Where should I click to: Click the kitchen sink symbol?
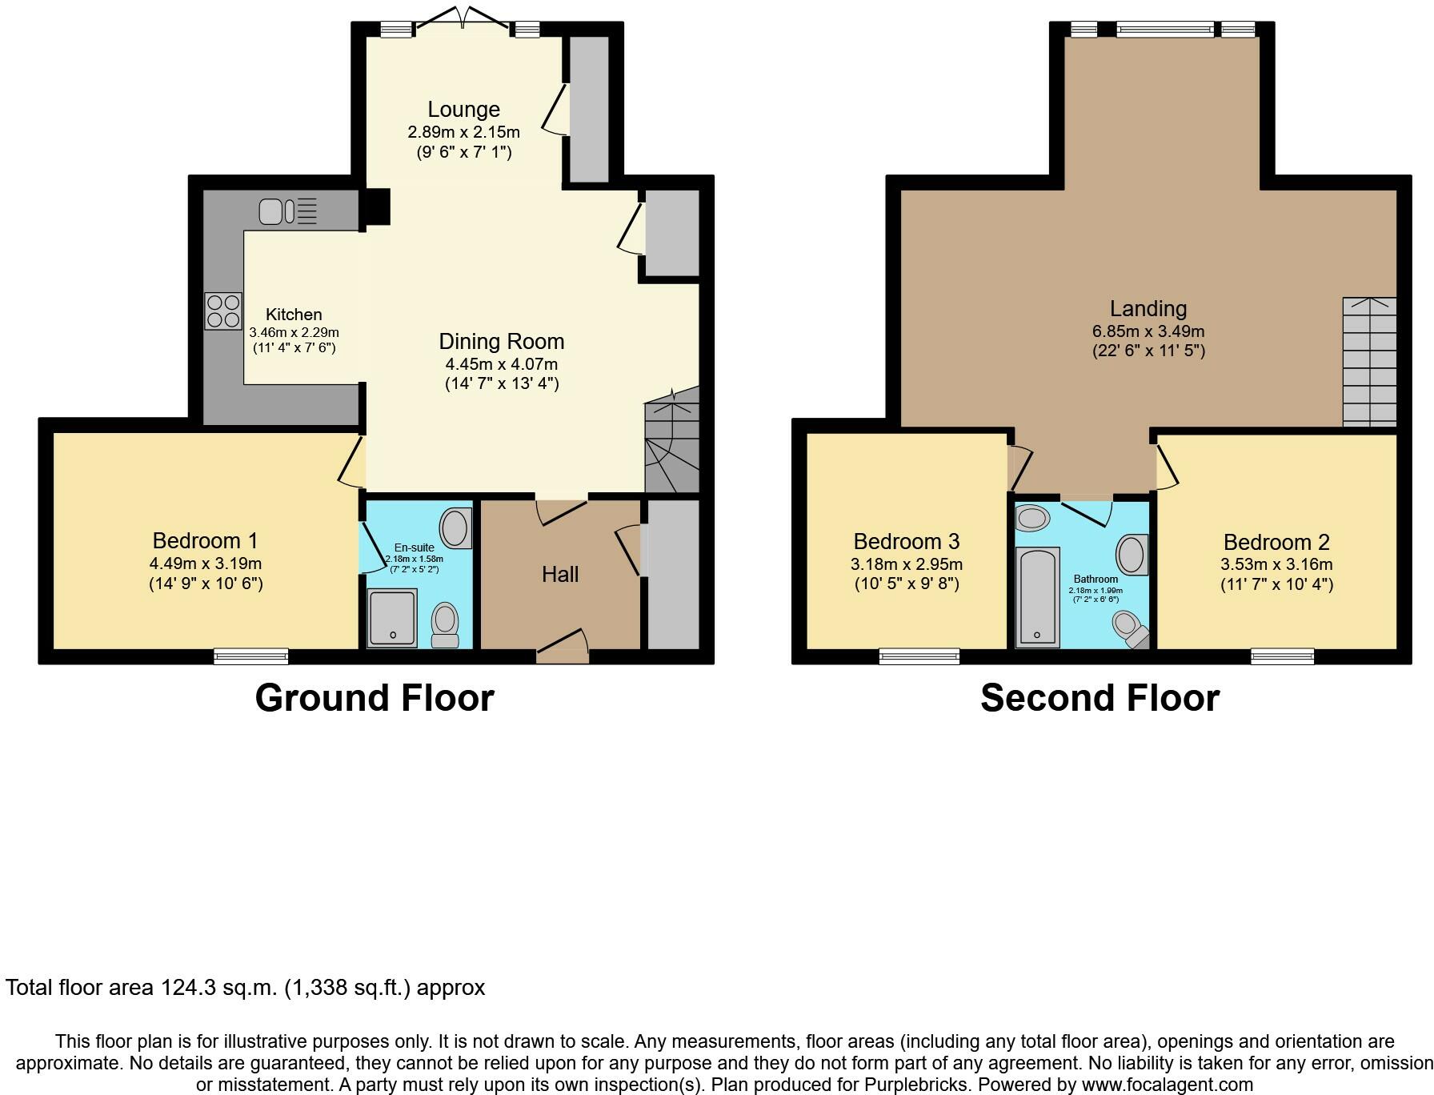288,211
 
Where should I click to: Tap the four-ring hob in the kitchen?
223,311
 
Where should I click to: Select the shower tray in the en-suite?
392,618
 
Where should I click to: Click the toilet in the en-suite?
445,625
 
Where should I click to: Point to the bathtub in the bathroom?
1037,597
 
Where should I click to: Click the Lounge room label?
463,110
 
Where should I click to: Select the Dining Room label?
502,342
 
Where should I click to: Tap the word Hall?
560,574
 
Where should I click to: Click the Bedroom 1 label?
206,541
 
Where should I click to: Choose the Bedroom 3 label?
907,542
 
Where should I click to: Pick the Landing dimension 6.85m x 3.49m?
1148,331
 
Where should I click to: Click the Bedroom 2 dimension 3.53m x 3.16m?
1276,564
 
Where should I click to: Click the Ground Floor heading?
375,698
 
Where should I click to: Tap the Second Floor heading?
1100,698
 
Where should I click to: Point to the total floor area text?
246,988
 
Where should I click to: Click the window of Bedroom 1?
251,656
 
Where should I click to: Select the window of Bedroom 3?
919,656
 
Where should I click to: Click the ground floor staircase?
672,440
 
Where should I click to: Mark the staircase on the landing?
1369,362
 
